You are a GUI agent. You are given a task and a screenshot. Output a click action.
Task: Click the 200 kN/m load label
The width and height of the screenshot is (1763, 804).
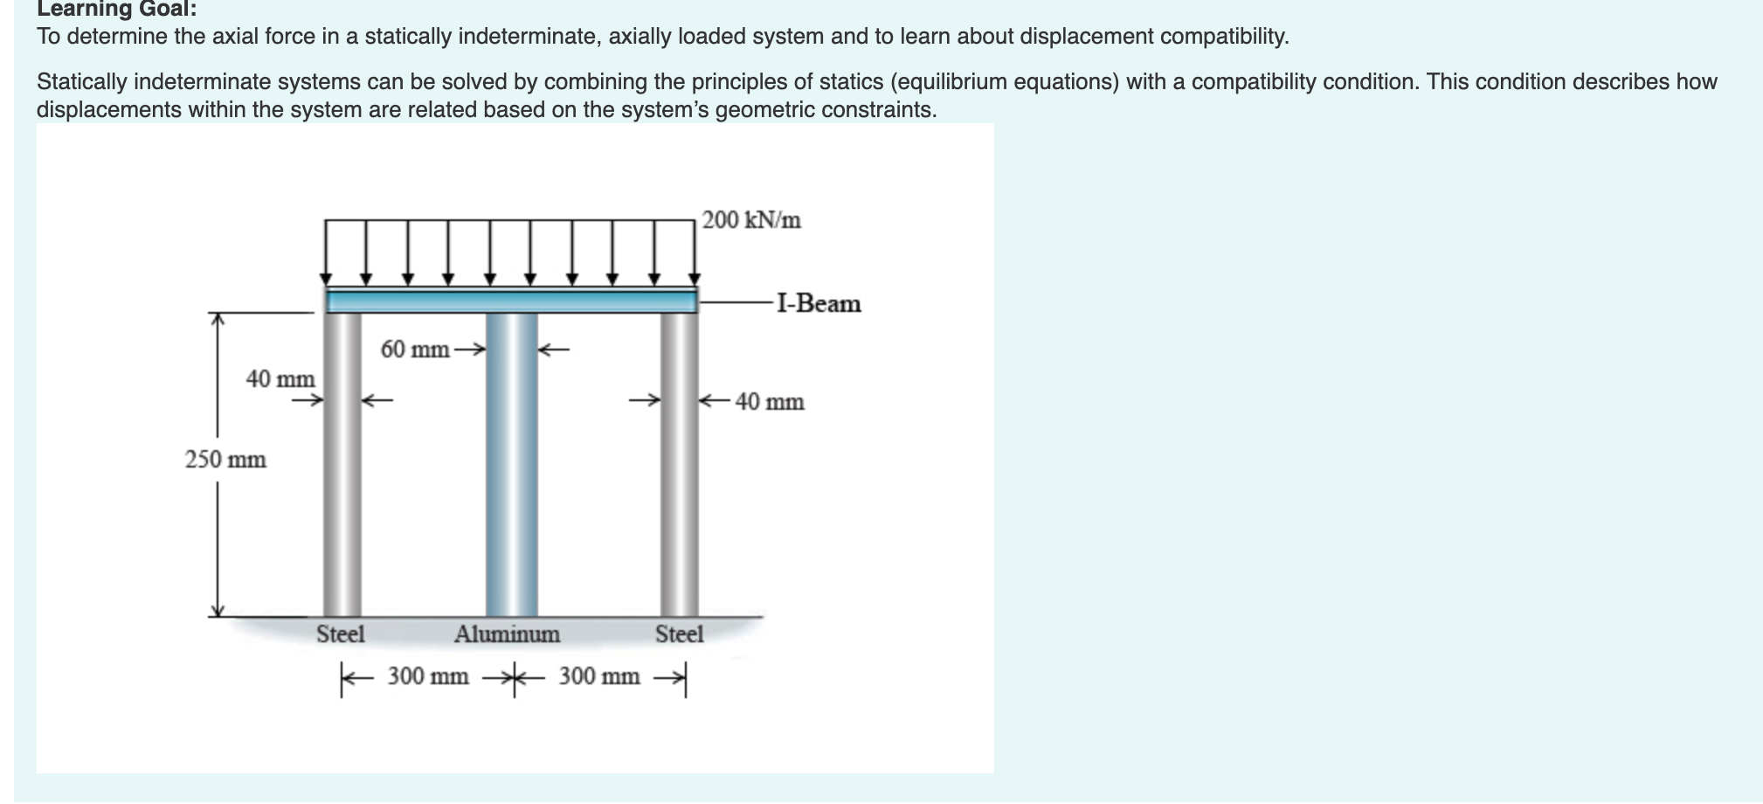[x=751, y=220]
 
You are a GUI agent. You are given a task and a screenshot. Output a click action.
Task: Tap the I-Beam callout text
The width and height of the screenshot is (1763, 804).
[x=819, y=304]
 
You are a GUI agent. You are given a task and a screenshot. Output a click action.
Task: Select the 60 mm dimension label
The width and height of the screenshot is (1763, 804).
[x=415, y=350]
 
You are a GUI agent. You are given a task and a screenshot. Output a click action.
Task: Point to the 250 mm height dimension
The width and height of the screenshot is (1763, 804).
[x=225, y=459]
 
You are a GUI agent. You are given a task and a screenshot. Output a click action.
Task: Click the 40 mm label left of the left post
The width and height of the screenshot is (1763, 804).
[x=280, y=379]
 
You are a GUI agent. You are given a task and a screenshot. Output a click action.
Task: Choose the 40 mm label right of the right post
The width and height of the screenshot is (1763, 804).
[x=770, y=402]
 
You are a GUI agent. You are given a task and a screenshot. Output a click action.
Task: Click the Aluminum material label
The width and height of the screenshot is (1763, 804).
[x=507, y=634]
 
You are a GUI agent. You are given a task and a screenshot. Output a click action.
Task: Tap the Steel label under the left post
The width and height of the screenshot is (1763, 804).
[x=341, y=634]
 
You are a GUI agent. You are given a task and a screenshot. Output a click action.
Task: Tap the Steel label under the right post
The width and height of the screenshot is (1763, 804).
[x=679, y=634]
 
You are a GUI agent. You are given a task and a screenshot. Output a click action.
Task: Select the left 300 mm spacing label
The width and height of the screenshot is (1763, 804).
[x=428, y=676]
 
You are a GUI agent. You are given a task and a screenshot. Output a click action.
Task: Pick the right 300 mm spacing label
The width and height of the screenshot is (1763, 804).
[x=599, y=676]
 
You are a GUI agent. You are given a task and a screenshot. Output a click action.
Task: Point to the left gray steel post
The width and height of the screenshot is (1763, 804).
[x=342, y=489]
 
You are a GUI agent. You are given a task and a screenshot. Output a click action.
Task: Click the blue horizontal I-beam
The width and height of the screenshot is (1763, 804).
[x=511, y=301]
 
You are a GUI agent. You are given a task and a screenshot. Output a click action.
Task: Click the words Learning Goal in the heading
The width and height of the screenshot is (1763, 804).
[x=116, y=10]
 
